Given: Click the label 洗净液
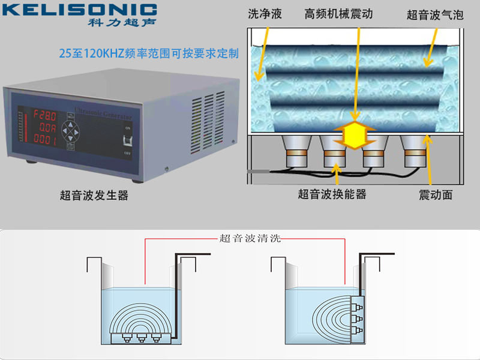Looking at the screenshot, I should point(265,14).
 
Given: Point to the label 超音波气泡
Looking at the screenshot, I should point(435,15).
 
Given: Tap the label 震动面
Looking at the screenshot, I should point(436,194).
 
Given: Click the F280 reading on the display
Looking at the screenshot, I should point(45,114).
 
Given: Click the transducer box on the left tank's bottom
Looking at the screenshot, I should point(142,338).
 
